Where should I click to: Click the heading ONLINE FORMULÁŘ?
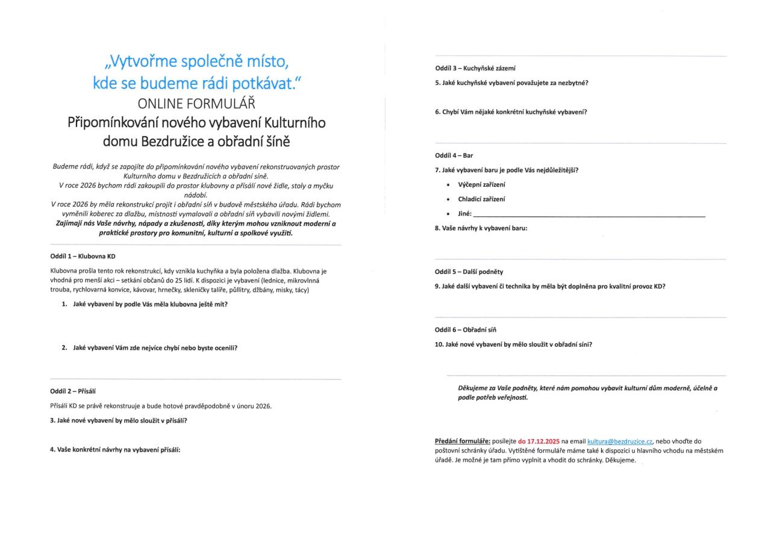point(196,103)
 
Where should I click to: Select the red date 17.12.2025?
point(538,441)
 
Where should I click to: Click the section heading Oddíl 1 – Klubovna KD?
point(83,257)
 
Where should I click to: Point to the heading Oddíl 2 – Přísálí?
point(73,391)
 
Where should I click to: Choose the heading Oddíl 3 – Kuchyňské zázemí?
point(475,68)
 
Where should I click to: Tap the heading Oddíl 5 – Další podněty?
point(469,272)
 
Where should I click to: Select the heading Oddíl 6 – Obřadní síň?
point(466,330)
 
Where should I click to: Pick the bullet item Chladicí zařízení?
point(481,199)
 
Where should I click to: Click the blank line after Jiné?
point(588,214)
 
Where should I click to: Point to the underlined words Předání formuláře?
point(463,441)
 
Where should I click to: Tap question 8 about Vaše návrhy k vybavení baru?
point(481,228)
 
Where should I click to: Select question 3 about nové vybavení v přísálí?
point(118,420)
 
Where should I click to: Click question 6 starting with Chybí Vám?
point(511,112)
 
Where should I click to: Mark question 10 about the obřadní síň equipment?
point(513,344)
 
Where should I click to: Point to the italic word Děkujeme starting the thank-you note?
point(475,388)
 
